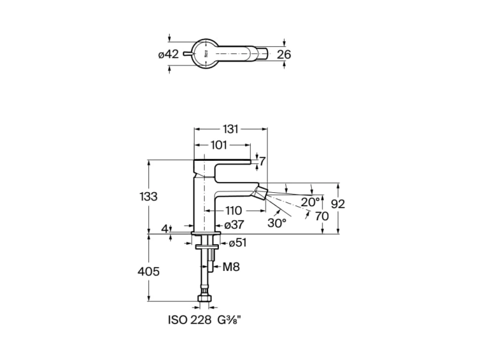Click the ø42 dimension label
168,54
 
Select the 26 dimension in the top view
284,54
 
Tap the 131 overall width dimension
230,129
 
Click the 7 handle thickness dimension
262,161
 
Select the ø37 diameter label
233,225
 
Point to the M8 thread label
231,267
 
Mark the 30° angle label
276,224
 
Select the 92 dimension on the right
340,204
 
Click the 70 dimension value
322,216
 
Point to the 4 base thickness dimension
165,228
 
